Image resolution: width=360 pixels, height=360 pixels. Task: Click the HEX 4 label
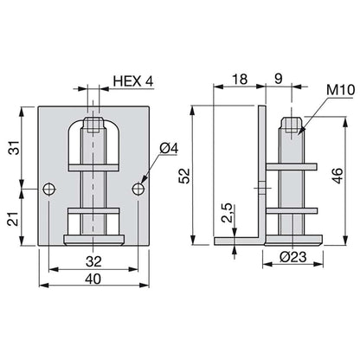tap(133, 81)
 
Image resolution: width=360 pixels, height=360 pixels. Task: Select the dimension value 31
tap(15, 147)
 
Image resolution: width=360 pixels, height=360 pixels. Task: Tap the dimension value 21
tap(15, 219)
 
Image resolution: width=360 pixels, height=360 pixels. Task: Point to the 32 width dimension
tap(93, 261)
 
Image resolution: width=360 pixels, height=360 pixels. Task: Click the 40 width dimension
tap(93, 279)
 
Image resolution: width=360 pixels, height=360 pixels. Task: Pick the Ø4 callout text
tap(169, 149)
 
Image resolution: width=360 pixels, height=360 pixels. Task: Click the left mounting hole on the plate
tap(49, 190)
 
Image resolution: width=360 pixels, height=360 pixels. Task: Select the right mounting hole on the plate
tap(138, 190)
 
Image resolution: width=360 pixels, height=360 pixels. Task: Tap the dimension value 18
tap(240, 79)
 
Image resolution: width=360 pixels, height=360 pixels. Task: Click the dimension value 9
tap(278, 79)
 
